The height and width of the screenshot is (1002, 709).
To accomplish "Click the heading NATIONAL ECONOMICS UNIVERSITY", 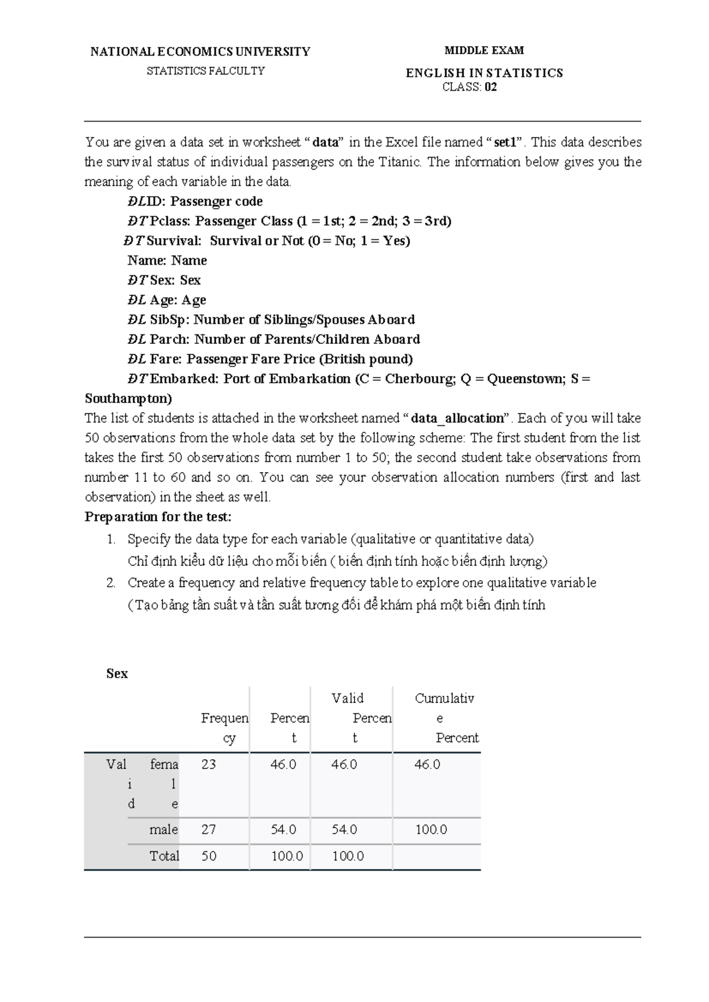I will click(x=200, y=51).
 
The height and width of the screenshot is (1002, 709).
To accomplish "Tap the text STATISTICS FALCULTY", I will click(x=206, y=71).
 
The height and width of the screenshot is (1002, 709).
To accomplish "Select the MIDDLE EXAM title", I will click(x=484, y=50).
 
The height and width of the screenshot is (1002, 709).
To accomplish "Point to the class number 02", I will click(x=490, y=87).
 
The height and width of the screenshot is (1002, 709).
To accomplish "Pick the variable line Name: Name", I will click(x=167, y=261).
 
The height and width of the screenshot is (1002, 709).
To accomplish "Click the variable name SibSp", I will click(x=167, y=320).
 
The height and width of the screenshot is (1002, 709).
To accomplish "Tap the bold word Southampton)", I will click(x=128, y=398).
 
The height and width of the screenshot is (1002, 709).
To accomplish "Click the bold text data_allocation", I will click(x=457, y=418).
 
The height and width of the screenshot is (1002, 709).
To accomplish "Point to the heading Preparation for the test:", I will click(x=158, y=517).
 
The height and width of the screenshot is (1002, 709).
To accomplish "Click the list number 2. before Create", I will click(x=110, y=583).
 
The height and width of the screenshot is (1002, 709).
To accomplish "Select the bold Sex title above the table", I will click(x=117, y=674).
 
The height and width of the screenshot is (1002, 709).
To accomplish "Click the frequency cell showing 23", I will click(x=209, y=764).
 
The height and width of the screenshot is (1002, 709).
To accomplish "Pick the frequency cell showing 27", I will click(x=209, y=829).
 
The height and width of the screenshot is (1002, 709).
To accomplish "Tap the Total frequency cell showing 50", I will click(x=209, y=856).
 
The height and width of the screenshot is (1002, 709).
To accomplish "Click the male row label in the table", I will click(x=164, y=829).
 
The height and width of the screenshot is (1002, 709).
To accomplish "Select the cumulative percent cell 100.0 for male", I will click(x=431, y=829).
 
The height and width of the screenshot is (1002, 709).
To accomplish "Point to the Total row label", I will click(x=164, y=856).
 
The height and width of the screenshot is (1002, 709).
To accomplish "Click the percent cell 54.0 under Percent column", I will click(x=284, y=829).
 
